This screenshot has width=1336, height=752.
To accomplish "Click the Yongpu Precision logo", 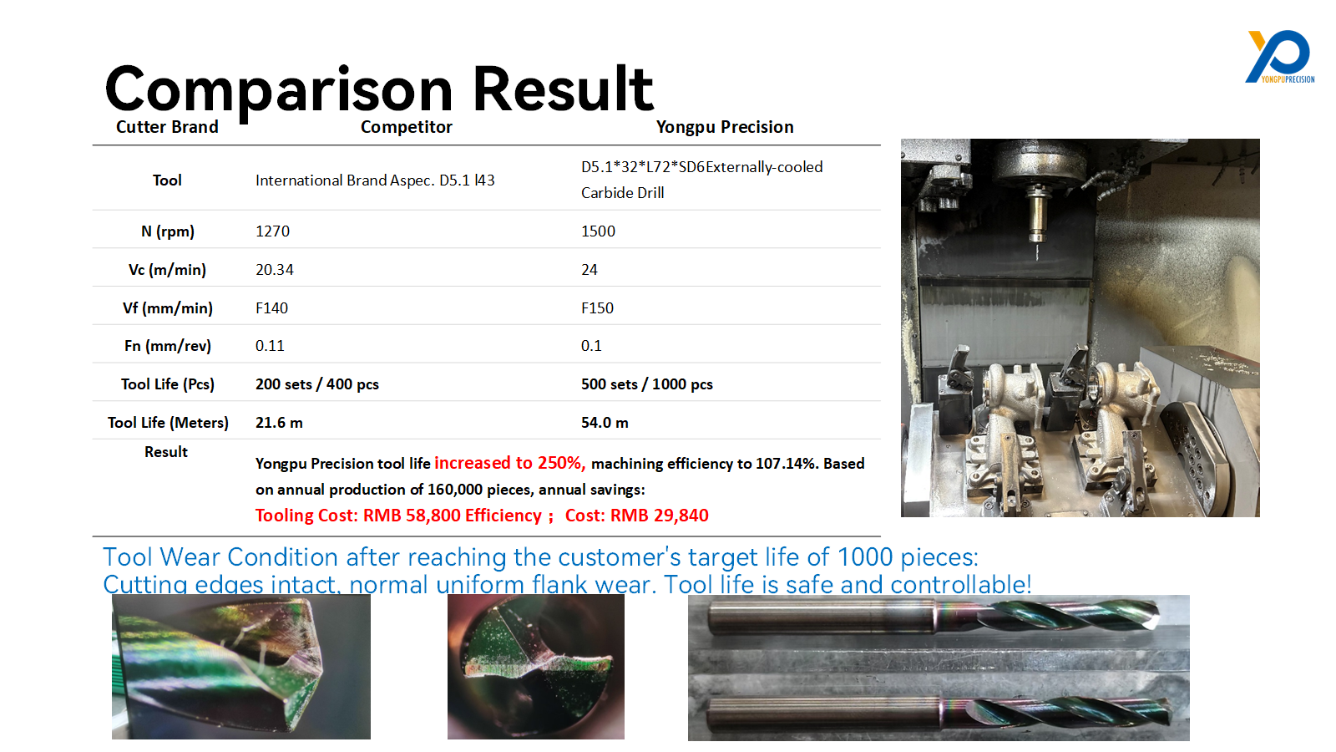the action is pos(1280,57).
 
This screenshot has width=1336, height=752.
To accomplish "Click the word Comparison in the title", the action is pos(279,90).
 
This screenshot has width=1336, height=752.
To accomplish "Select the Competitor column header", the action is pos(406,127).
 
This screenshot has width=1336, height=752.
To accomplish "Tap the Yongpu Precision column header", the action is pos(725,127).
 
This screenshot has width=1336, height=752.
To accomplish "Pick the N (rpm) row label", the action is pos(168,231).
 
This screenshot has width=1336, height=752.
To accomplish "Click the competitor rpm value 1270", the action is pos(272,231).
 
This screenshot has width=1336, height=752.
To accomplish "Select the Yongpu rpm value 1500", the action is pos(598,231).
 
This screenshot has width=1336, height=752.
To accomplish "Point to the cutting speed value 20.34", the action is pos(275,270).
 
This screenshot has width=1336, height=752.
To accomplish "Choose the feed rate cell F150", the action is pos(597,308).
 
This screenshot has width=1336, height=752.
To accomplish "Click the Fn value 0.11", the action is pos(270,346).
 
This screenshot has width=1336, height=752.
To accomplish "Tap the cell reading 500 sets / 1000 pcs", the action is pos(647,384).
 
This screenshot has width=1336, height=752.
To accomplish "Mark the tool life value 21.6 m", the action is pos(279,423).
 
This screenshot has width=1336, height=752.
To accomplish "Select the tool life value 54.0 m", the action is pos(605,423).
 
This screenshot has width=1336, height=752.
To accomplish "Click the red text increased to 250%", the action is pos(510,463).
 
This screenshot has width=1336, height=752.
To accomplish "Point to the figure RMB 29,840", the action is pos(660,516).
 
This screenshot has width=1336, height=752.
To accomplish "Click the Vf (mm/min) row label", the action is pos(168,308).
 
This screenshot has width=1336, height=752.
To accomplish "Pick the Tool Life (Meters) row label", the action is pos(168,423).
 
